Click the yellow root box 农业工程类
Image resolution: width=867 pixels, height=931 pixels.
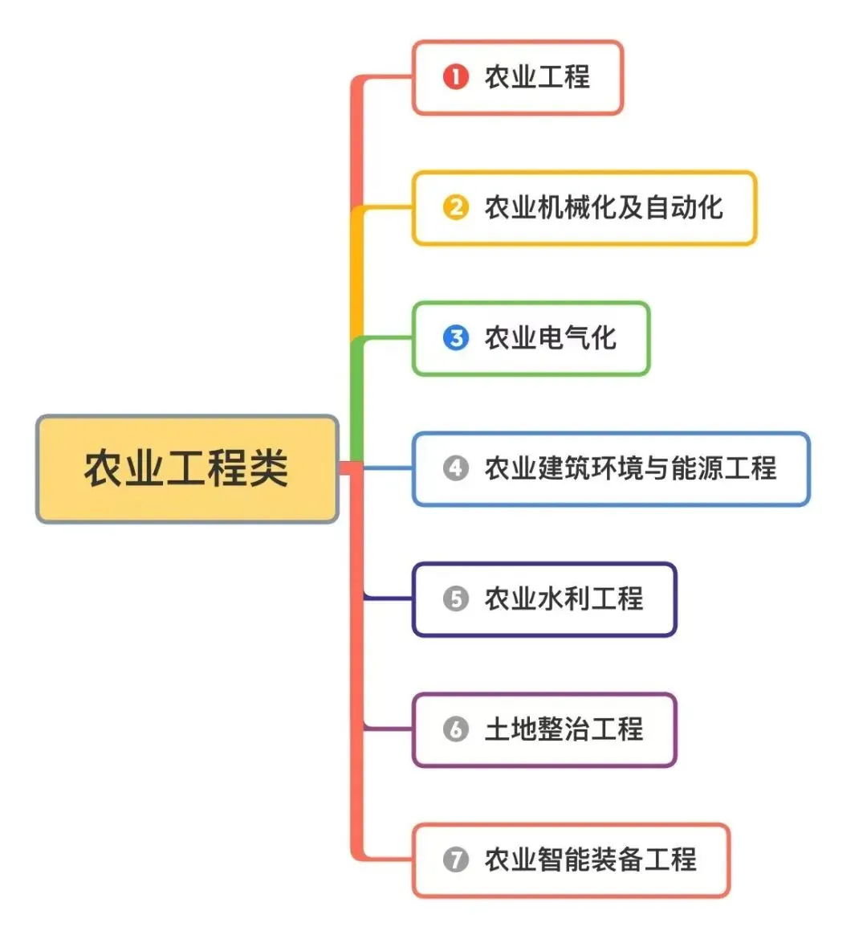pos(187,469)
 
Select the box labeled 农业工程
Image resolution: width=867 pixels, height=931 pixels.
pos(517,78)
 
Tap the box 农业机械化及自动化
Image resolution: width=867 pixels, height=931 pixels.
pos(584,208)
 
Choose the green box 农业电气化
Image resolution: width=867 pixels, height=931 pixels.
pos(531,338)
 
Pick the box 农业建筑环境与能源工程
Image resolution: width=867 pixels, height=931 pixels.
pos(611,469)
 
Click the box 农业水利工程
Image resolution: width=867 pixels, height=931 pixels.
pos(544,599)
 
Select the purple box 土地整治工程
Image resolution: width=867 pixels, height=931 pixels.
pos(544,729)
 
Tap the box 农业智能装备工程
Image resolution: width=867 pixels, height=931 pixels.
pos(571,860)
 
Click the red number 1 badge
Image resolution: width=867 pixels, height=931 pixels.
pos(455,77)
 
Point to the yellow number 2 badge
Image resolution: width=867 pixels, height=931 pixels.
pos(455,207)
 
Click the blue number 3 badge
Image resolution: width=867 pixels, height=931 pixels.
pos(455,337)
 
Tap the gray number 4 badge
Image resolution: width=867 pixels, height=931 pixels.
pos(455,468)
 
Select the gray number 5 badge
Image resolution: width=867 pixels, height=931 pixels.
pos(455,598)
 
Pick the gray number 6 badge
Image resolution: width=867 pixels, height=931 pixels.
pos(455,729)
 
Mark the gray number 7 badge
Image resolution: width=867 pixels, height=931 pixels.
pos(455,860)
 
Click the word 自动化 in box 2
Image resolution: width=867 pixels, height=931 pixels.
pos(684,207)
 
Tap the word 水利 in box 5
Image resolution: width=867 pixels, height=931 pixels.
pos(564,598)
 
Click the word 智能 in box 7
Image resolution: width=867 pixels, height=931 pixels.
pos(564,860)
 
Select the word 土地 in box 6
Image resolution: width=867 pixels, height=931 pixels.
pos(511,729)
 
